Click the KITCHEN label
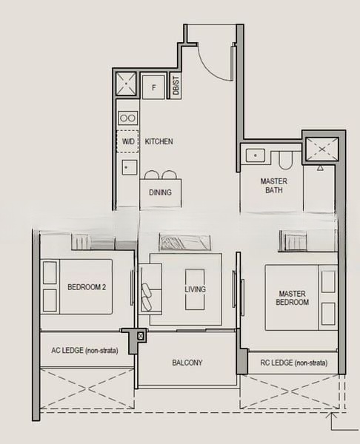159,141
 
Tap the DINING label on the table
160,192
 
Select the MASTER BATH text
274,186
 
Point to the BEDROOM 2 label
87,287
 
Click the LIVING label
195,289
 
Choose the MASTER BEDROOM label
293,298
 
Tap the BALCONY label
187,363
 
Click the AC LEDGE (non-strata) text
84,350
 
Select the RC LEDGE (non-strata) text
294,363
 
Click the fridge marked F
153,87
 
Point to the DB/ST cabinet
176,86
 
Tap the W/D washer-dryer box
128,141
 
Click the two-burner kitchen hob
128,118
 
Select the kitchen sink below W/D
130,167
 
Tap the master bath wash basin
256,155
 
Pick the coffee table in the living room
195,289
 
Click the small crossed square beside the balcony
141,336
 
